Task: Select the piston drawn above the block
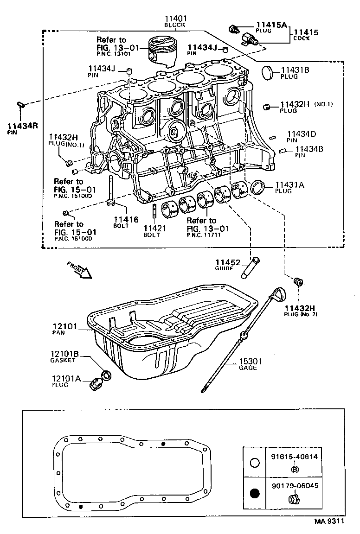pos(162,51)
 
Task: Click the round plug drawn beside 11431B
pos(269,73)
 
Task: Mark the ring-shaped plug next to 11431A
pos(257,188)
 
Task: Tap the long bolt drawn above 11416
pos(111,190)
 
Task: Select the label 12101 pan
pos(64,326)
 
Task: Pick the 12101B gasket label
pos(65,355)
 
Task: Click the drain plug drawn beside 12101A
pos(98,383)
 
